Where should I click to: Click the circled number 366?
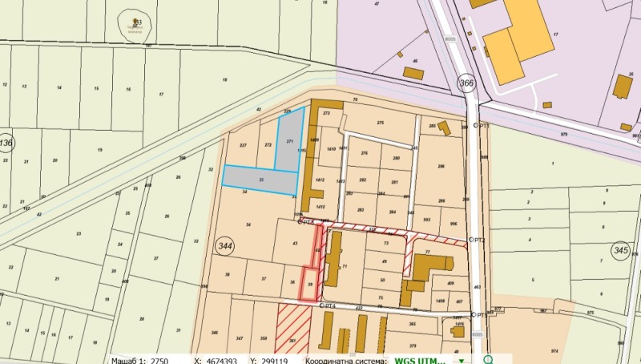tap(466, 83)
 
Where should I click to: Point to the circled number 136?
tap(6, 144)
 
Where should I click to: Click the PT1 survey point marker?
tap(475, 126)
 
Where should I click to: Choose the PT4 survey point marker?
tap(320, 305)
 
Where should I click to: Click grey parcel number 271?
tap(290, 141)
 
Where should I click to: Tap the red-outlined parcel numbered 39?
tap(311, 284)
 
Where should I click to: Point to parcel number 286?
tap(440, 167)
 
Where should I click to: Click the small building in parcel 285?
tap(443, 128)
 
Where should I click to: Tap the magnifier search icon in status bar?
tap(488, 360)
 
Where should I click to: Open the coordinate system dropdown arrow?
tap(461, 361)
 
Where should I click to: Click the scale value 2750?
tap(159, 361)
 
